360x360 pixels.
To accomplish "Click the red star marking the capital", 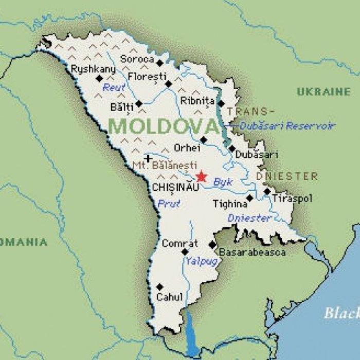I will pos(201,176).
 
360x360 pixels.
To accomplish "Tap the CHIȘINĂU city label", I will pos(175,188).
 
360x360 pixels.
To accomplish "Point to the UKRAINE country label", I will pos(323,92).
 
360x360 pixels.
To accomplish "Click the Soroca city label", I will pos(137,59).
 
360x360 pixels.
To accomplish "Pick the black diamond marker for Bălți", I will pos(139,104).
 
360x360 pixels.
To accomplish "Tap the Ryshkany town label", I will pos(93,69).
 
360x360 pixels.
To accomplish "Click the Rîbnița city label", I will pos(197,101).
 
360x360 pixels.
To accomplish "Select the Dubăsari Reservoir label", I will pos(287,125).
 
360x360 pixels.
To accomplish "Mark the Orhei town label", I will pos(187,148).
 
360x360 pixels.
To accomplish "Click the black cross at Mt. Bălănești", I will pos(148,158).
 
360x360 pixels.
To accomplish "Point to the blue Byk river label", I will pos(223,182).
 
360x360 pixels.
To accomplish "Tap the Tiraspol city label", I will pos(292,198).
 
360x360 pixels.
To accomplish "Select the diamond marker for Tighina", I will pos(249,198).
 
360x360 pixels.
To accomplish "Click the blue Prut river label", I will pos(169,204).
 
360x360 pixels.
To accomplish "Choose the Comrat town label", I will pos(179,243).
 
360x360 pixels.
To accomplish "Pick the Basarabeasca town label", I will pos(252,253).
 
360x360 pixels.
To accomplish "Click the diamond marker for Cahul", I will pos(160,287).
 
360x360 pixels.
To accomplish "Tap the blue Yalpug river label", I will pos(202,261).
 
